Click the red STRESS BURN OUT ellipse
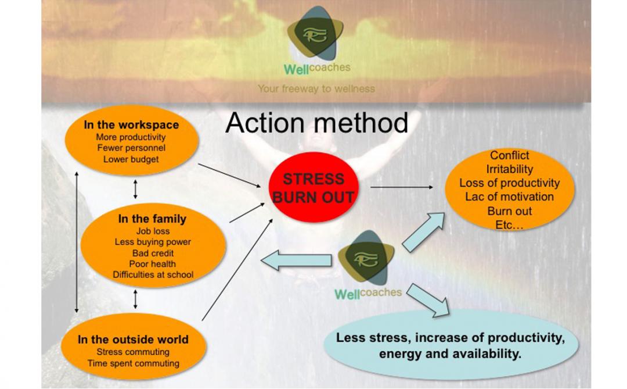point(313,187)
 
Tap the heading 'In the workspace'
point(131,125)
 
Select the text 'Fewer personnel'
point(131,148)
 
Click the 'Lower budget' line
point(131,159)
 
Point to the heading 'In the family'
point(152,219)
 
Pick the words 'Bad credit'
point(153,253)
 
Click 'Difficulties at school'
point(153,274)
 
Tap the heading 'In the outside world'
point(133,340)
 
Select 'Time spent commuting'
point(133,363)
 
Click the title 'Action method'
point(316,123)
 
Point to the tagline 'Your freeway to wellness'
point(316,89)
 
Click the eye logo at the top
point(316,34)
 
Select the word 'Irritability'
point(509,169)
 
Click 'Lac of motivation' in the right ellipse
point(509,197)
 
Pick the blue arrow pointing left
point(296,259)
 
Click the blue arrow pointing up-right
point(423,231)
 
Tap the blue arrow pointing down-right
point(428,299)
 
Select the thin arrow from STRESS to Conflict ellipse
point(401,187)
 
